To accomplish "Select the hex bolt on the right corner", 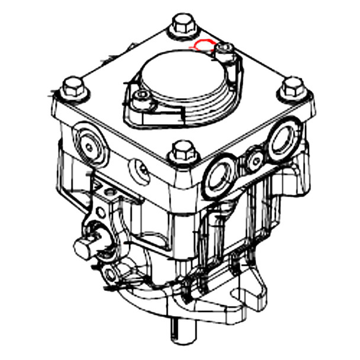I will (x=291, y=88).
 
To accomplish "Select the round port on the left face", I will (x=90, y=144).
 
